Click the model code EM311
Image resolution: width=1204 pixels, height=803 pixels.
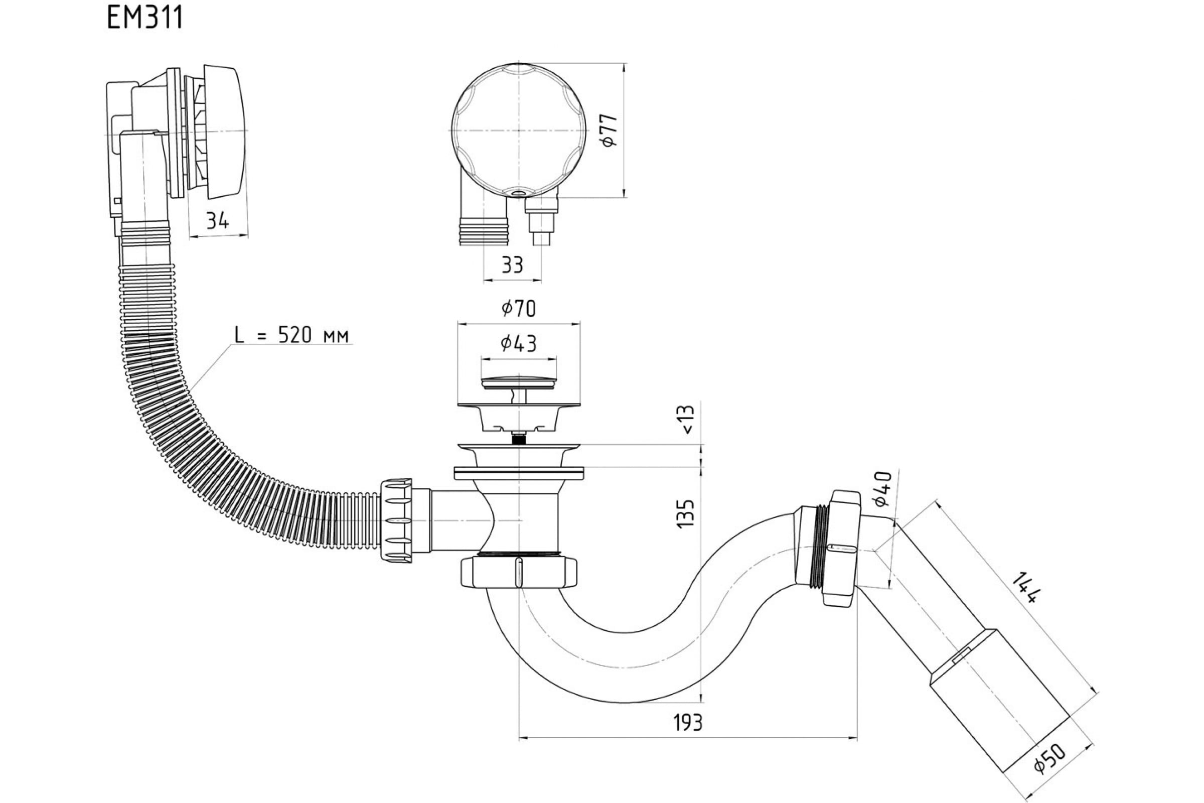pos(145,19)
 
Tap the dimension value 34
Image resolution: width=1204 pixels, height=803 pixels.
pos(218,221)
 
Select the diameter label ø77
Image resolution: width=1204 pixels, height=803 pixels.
pos(610,131)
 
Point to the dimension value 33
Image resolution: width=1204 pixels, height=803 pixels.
pos(512,265)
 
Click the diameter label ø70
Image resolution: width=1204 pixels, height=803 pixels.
pos(519,309)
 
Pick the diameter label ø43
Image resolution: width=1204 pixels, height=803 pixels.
pos(519,344)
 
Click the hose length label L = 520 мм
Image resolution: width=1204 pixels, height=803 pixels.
pos(292,335)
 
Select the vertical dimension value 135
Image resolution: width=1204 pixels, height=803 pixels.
pos(686,513)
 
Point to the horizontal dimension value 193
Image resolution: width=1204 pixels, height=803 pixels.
pos(687,723)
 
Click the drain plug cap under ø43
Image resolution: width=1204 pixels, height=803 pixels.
pos(519,382)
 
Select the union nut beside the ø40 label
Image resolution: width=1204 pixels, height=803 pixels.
pos(839,548)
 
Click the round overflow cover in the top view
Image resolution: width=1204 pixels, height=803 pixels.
pos(519,130)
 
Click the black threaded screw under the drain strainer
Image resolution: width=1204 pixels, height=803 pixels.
pos(519,438)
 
